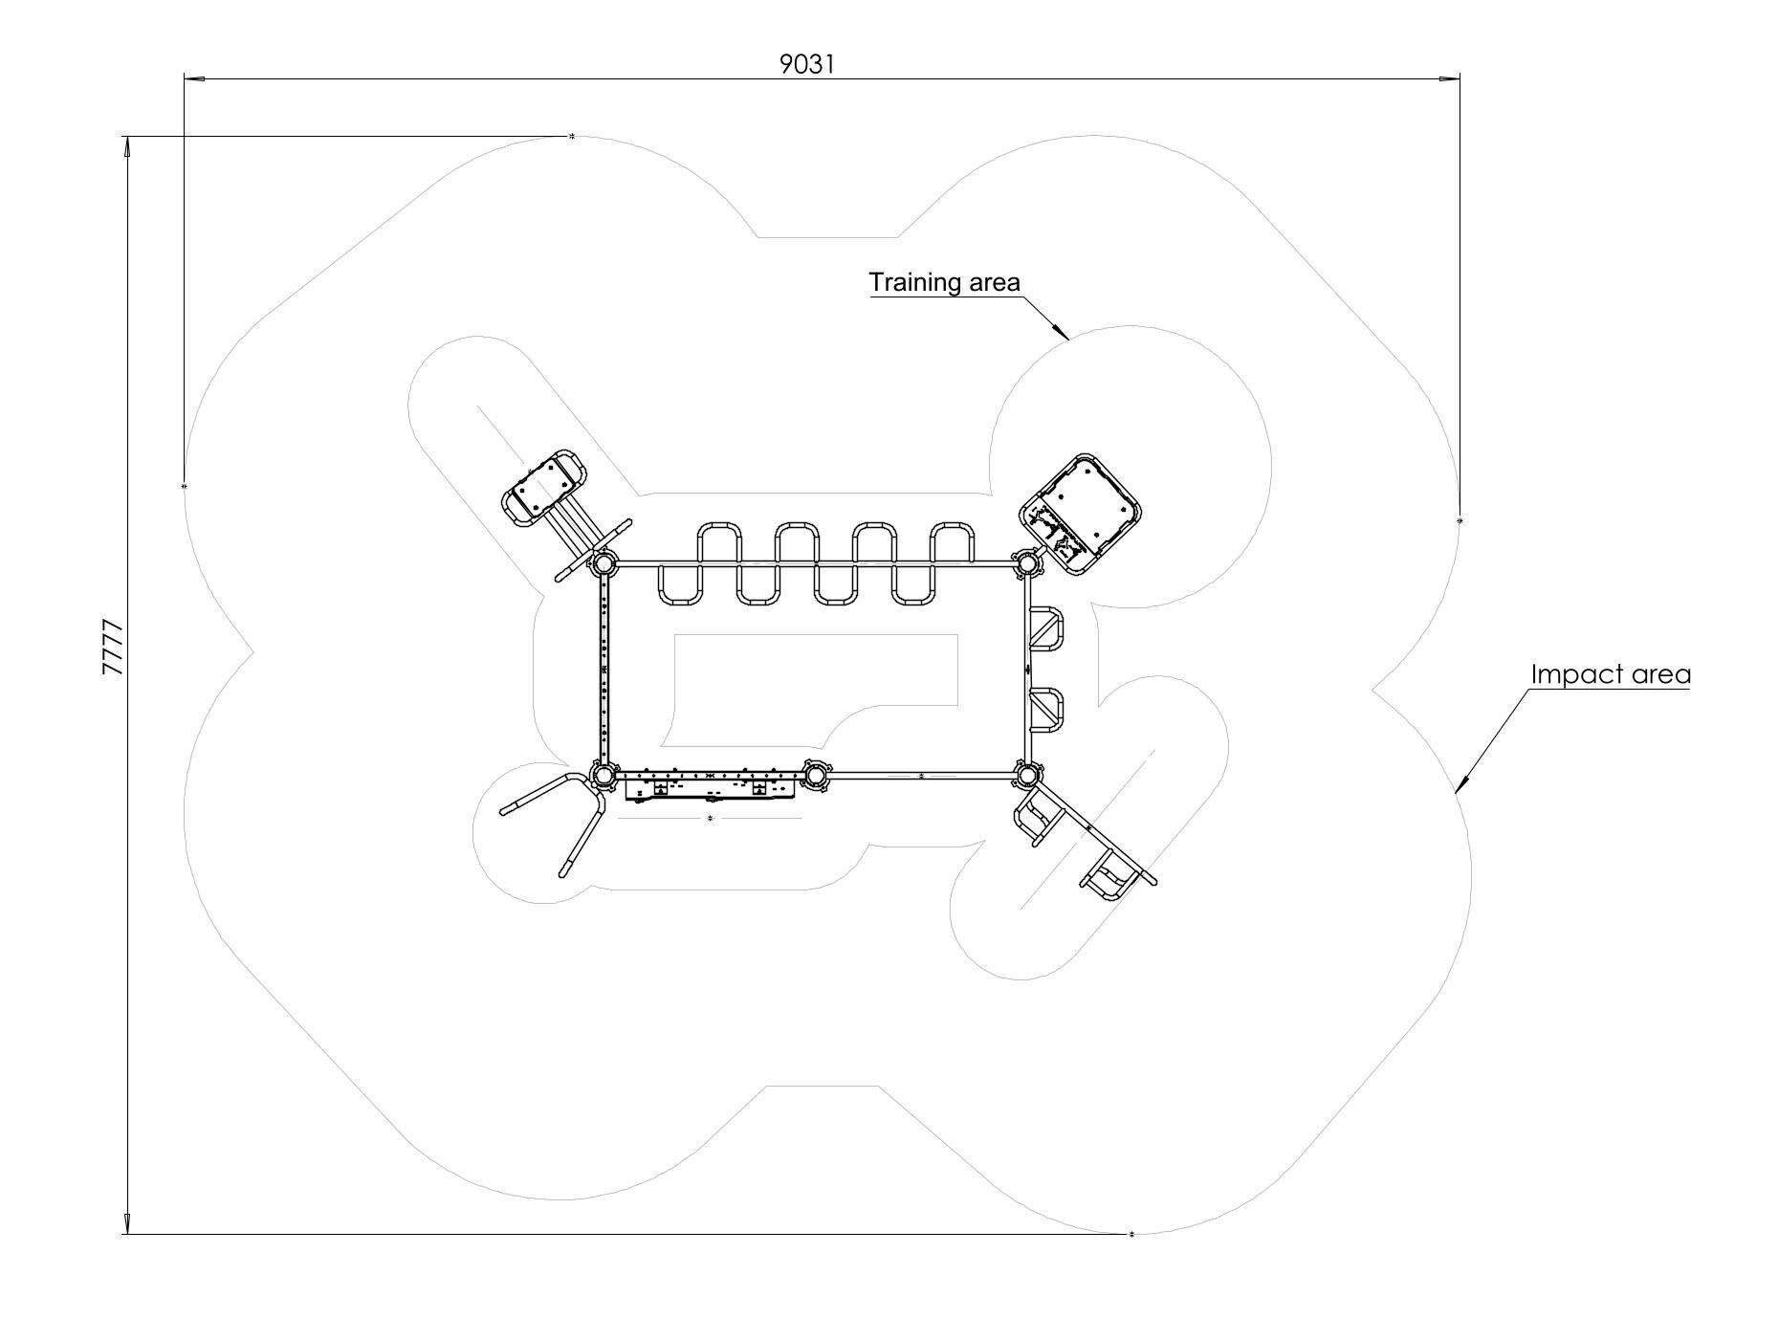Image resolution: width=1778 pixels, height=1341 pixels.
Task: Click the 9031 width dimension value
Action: (x=807, y=64)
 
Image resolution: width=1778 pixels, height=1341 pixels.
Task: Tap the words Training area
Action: (x=944, y=282)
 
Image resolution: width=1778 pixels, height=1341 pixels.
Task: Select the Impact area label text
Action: (x=1611, y=674)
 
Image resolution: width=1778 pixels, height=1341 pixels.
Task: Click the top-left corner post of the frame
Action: (x=604, y=564)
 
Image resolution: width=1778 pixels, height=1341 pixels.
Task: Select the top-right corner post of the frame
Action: (x=1026, y=563)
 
